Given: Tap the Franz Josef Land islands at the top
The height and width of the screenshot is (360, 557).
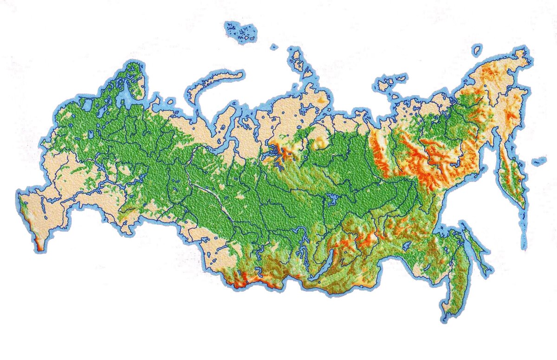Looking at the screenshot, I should pos(240,33).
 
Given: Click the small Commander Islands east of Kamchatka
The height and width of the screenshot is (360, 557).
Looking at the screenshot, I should pos(538,161).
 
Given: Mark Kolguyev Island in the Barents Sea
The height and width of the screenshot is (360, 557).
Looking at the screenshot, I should pos(170,101).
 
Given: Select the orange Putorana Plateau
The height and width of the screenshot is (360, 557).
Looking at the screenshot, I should pos(278,151).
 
